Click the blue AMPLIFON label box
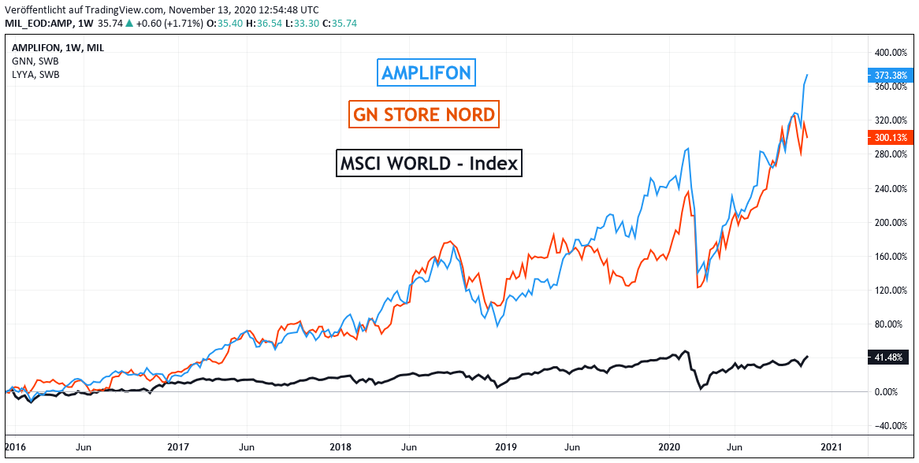click(426, 73)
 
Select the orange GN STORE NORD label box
click(424, 115)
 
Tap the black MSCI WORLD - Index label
click(429, 163)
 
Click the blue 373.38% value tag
click(891, 76)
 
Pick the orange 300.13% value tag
click(891, 137)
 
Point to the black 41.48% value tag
click(889, 357)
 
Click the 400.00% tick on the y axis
click(889, 53)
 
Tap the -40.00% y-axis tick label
click(889, 426)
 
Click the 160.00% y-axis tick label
click(889, 256)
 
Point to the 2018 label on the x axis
click(340, 446)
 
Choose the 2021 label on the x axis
click(832, 446)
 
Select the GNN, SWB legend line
click(35, 61)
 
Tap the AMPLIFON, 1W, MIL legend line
click(58, 47)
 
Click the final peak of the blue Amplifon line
click(807, 75)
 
